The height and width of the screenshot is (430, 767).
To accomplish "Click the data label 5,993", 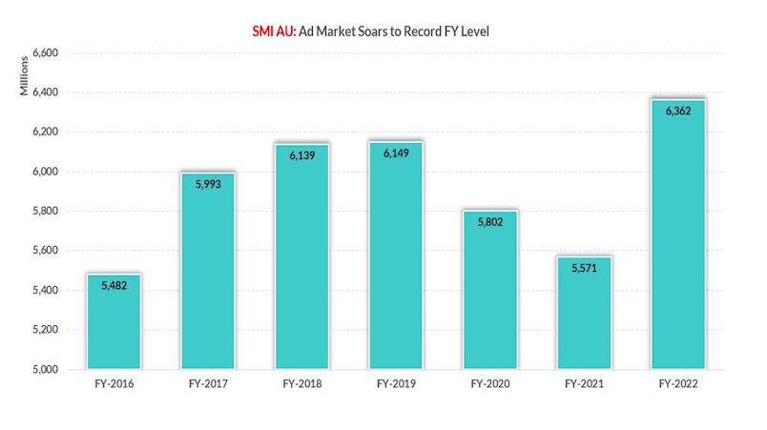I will pyautogui.click(x=208, y=184).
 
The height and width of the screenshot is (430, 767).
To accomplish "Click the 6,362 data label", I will pyautogui.click(x=678, y=112).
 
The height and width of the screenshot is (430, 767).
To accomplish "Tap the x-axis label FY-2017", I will pyautogui.click(x=208, y=385).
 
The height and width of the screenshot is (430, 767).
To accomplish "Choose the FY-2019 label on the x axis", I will pyautogui.click(x=396, y=385).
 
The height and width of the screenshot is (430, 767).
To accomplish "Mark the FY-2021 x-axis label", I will pyautogui.click(x=584, y=385).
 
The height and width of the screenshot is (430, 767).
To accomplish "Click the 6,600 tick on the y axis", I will pyautogui.click(x=46, y=53).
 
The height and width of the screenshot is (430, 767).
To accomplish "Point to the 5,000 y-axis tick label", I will pyautogui.click(x=46, y=370).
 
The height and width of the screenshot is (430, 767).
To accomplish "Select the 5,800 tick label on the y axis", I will pyautogui.click(x=46, y=212).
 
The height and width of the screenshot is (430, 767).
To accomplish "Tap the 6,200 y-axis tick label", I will pyautogui.click(x=46, y=133).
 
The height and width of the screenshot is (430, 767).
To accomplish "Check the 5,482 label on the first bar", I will pyautogui.click(x=114, y=286).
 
